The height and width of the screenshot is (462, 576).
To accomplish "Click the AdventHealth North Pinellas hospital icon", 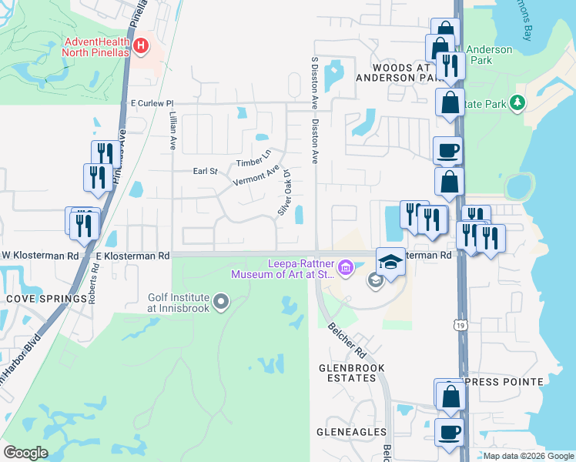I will click(140, 46).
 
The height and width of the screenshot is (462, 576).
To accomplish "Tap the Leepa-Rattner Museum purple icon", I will click(345, 268).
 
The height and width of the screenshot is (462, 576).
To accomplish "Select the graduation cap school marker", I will click(390, 263).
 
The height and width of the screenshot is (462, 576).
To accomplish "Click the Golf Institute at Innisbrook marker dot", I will click(222, 301).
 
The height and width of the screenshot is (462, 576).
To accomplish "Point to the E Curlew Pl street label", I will click(152, 102).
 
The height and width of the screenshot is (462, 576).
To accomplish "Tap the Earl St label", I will click(206, 171).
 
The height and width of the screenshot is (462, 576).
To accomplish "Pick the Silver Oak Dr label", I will click(286, 198).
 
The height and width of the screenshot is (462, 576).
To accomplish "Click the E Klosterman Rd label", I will click(132, 255).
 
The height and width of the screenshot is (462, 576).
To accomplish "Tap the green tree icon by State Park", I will click(518, 102).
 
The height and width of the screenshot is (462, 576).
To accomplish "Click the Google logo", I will click(26, 453).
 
